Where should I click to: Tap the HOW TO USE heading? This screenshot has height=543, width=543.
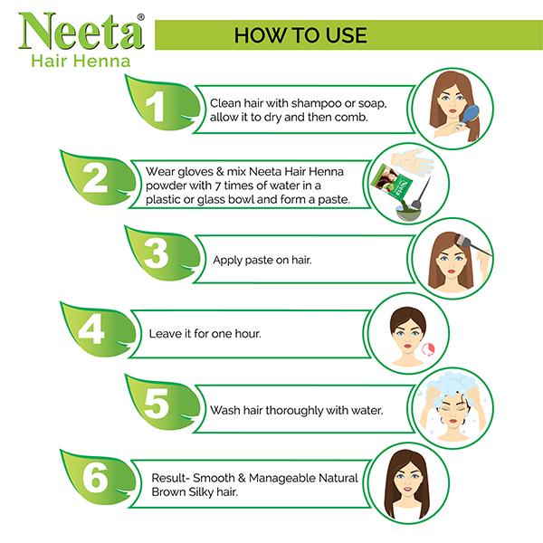pos(300,35)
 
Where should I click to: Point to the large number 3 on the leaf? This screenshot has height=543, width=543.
pos(157,256)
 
